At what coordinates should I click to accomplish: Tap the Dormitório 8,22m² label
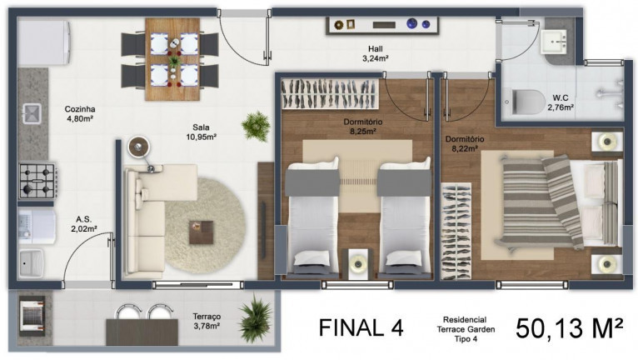[465, 144]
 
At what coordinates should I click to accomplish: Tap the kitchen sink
[33, 113]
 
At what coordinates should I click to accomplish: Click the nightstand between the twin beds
[359, 261]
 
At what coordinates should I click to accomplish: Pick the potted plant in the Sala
[254, 125]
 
